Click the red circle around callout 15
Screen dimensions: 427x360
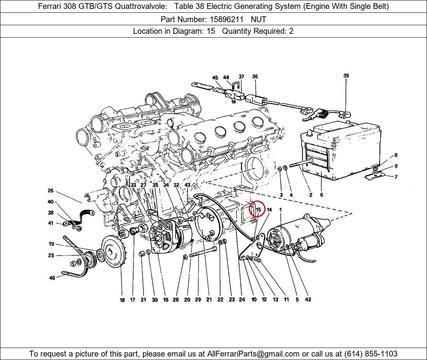point(257,209)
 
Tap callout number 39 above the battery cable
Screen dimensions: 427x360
point(346,76)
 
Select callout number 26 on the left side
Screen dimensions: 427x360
point(50,191)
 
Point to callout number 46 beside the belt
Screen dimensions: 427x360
point(52,278)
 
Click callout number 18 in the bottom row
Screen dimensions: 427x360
point(122,300)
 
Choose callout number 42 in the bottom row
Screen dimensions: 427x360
point(308,299)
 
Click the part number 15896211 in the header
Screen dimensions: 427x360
point(226,19)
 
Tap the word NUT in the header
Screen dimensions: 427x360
point(259,19)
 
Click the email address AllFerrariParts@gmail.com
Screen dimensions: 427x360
point(253,354)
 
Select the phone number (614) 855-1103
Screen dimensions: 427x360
point(371,354)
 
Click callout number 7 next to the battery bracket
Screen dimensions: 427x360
point(396,177)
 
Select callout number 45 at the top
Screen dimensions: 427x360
point(215,78)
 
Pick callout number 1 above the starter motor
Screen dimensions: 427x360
point(281,210)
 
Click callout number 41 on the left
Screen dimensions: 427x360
point(50,223)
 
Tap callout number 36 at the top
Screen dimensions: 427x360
point(255,76)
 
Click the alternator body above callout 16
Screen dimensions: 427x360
point(172,235)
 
